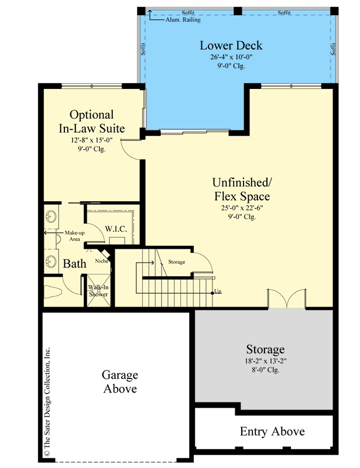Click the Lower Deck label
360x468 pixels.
tap(231, 46)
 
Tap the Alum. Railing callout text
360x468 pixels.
tap(182, 19)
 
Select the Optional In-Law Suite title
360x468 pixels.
tap(91, 122)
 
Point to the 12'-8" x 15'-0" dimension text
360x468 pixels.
tap(91, 141)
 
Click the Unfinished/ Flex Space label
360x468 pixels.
tap(241, 188)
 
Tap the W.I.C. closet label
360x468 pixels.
tap(116, 228)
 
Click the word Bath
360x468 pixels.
tap(74, 264)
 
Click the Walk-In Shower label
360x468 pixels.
tap(98, 291)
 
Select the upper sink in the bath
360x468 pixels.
tap(51, 216)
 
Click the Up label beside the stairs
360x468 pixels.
tap(218, 291)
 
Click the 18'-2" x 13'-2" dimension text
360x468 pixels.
tap(265, 361)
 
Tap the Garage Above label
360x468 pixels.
tap(119, 381)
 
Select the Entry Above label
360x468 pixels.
tap(272, 432)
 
